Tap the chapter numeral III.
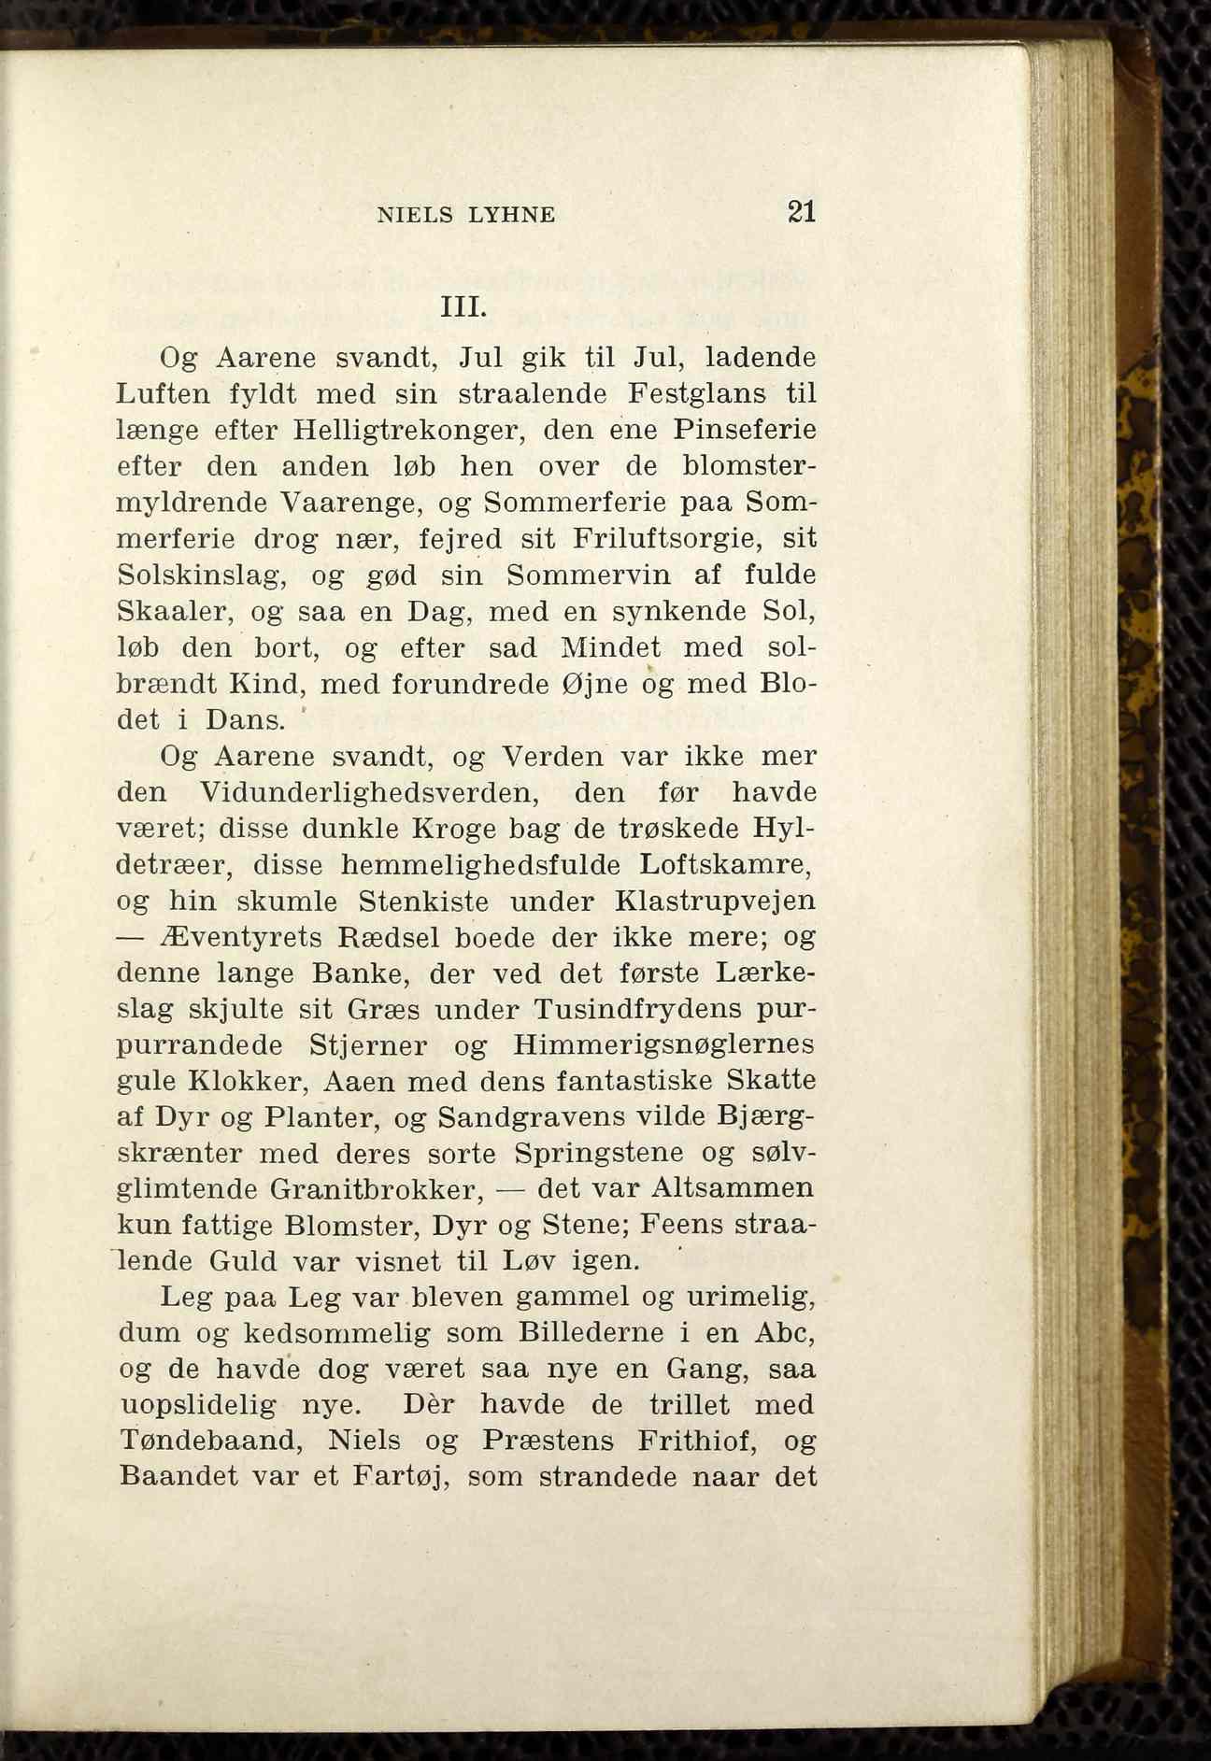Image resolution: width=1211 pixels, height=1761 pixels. coord(463,307)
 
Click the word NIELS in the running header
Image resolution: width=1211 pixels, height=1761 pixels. coord(415,215)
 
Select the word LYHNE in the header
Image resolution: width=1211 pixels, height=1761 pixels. coord(512,215)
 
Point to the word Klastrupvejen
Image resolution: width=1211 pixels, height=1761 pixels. coord(716,902)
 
